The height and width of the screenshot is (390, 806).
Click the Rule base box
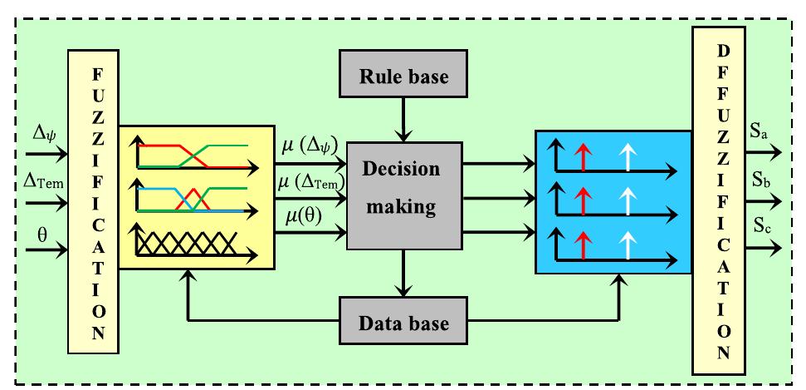(403, 77)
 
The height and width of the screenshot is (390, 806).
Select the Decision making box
(403, 195)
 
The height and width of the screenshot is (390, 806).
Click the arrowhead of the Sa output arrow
(775, 153)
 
